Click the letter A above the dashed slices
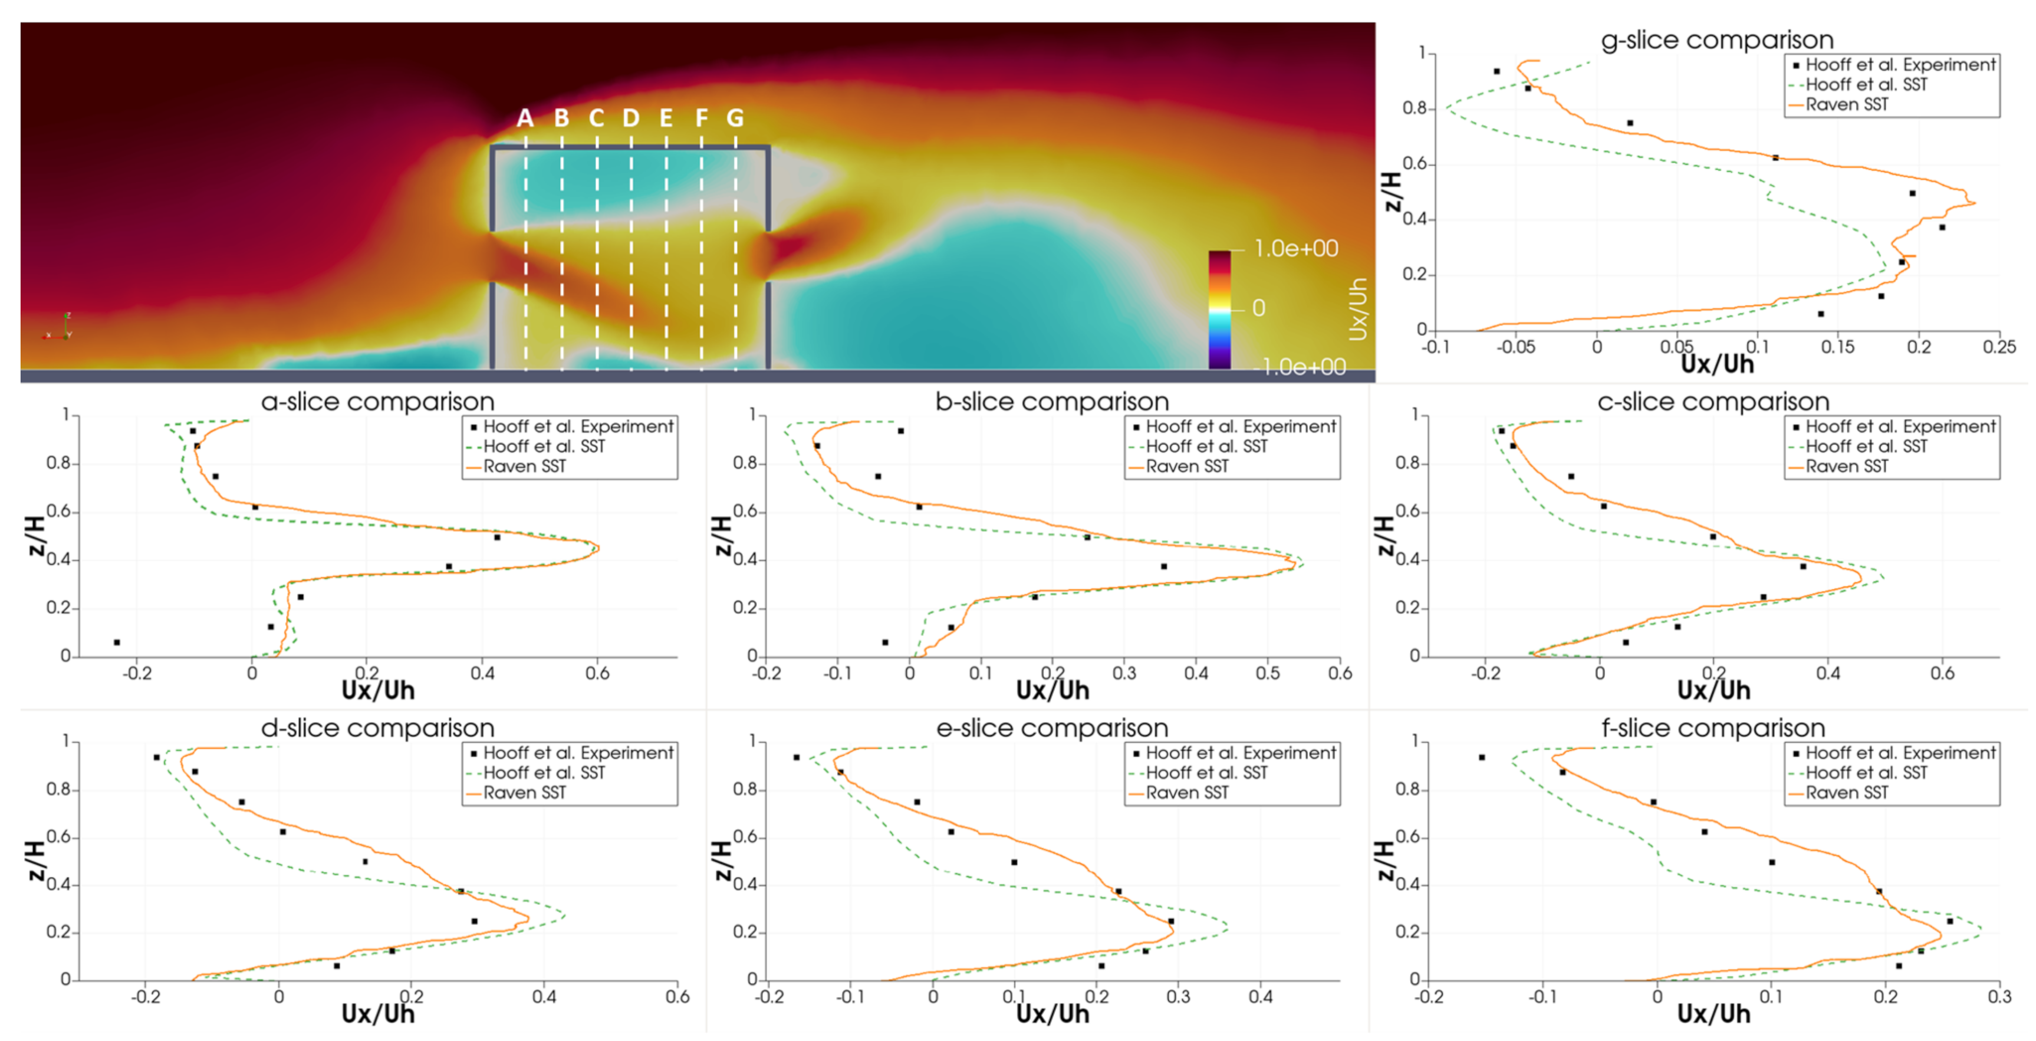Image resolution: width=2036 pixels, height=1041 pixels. tap(525, 118)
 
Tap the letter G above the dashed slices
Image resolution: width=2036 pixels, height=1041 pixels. tap(735, 118)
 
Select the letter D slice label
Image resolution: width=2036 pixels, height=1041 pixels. tap(631, 118)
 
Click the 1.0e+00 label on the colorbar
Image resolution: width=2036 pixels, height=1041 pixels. tap(1296, 249)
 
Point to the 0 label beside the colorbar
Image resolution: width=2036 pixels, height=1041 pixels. tap(1259, 308)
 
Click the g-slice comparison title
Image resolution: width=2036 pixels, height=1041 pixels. tap(1716, 40)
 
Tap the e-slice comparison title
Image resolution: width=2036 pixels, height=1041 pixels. tap(1051, 728)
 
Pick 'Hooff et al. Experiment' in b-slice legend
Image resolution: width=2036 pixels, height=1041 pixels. tap(1240, 427)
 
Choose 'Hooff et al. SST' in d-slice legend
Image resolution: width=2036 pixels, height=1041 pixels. tap(544, 773)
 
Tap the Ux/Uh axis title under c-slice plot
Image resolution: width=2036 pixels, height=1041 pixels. tap(1713, 691)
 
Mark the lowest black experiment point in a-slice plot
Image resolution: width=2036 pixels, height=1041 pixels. tap(117, 643)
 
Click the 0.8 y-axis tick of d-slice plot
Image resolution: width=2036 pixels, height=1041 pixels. tap(58, 790)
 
